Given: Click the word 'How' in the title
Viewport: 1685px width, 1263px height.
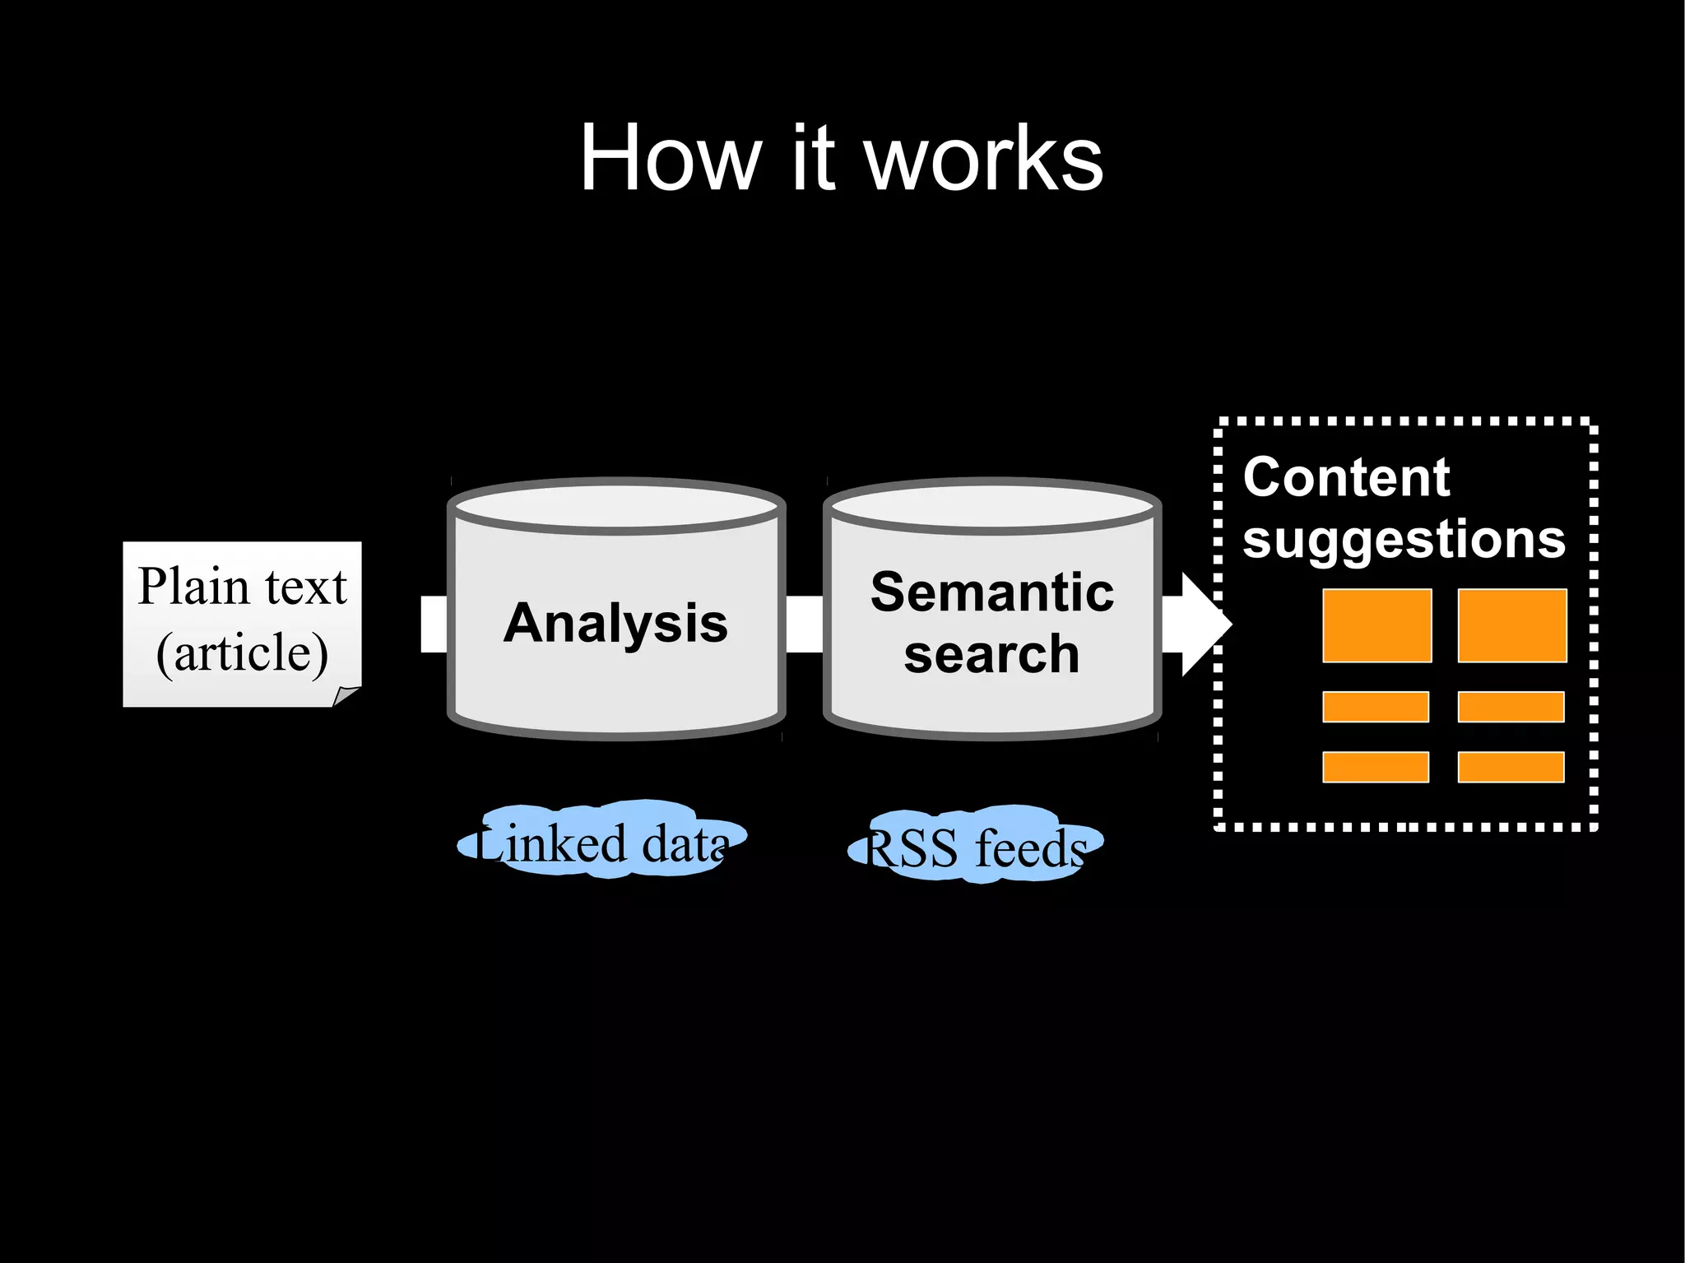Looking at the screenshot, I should point(670,158).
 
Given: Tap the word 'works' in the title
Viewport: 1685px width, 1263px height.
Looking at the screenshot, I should point(983,160).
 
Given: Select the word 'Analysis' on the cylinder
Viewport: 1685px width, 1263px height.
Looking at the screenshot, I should point(615,623).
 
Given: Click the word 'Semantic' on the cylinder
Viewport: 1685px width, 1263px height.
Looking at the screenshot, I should point(992,592).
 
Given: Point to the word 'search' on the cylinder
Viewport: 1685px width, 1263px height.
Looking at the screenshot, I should point(991,655).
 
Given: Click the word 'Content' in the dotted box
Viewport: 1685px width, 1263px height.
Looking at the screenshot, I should point(1346,477).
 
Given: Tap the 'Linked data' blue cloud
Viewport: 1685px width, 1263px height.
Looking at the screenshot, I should point(602,842).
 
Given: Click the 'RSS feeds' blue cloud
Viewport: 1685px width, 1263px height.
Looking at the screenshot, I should point(976,846).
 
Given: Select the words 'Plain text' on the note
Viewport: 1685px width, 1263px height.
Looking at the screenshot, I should point(242,587).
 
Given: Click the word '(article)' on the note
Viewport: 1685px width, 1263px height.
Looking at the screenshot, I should point(242,652).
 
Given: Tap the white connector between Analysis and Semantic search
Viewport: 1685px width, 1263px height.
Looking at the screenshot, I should point(804,624).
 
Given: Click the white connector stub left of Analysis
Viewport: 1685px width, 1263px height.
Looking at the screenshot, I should point(434,624).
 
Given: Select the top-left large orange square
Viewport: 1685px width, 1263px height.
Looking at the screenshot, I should point(1376,625).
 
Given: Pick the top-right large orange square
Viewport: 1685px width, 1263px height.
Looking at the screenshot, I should point(1511,625).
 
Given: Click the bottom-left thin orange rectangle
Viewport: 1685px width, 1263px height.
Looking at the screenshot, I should point(1375,767).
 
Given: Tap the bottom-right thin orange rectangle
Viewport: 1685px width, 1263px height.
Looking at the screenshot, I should point(1511,767).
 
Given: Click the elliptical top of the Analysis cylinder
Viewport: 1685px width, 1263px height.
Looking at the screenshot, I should point(615,506).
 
